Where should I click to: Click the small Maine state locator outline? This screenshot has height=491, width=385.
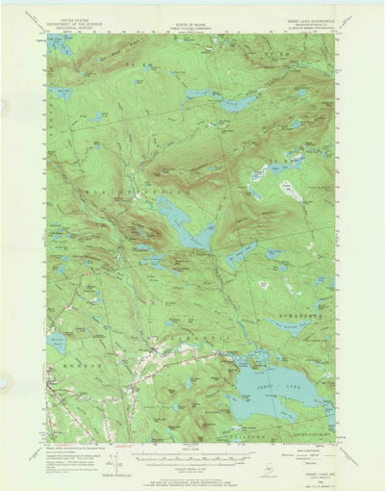tap(267, 463)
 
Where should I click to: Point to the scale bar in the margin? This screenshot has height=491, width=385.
tap(192, 453)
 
